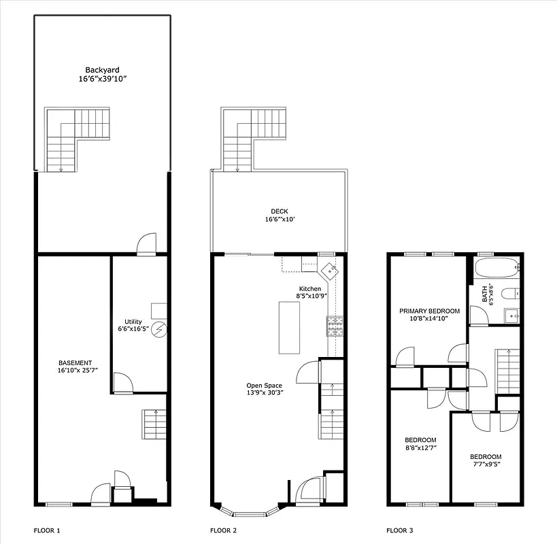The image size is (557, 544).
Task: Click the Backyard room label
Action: coord(102,74)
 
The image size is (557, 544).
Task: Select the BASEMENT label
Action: coord(75,367)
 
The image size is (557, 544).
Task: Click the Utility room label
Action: coord(133,325)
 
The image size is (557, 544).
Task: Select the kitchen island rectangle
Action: coord(288,327)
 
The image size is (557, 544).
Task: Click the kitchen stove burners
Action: coord(335,326)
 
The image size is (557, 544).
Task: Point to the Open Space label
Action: coord(264,390)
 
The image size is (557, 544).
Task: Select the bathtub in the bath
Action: coord(496,267)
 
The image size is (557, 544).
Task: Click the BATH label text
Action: coord(485,293)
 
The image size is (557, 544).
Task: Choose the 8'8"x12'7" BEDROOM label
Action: coord(420,443)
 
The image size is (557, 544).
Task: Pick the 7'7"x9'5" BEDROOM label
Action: coord(486,460)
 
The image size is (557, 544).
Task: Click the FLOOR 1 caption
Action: coord(47,530)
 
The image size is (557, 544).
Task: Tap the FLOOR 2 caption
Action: coord(223,530)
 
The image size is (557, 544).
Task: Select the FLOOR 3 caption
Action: coord(399,530)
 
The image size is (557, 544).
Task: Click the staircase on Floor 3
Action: coord(508,371)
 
